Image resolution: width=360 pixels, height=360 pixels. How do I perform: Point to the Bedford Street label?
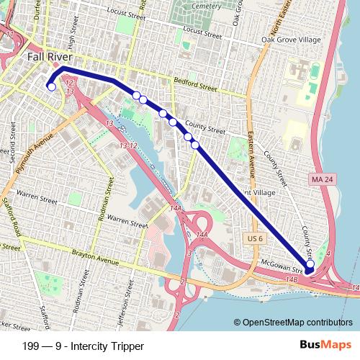pos(196,86)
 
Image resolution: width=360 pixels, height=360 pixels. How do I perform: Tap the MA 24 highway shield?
pos(321,177)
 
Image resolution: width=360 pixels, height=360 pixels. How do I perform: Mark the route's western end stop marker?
pos(50,87)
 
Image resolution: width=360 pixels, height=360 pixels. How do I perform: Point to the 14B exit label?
pos(291,278)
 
